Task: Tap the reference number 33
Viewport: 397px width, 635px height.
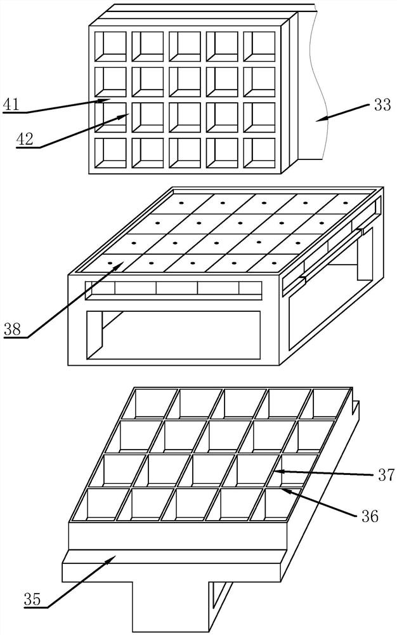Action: click(x=382, y=105)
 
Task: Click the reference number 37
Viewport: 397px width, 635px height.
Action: click(x=386, y=474)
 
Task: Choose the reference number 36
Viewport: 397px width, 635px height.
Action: click(x=369, y=516)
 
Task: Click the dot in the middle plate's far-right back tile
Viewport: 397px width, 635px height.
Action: click(x=346, y=203)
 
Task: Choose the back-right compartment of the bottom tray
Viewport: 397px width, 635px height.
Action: click(x=329, y=404)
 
